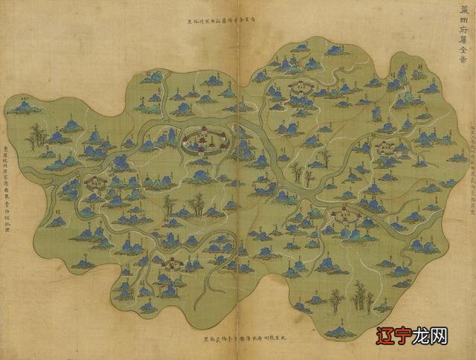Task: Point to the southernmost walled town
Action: click(x=172, y=263)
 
